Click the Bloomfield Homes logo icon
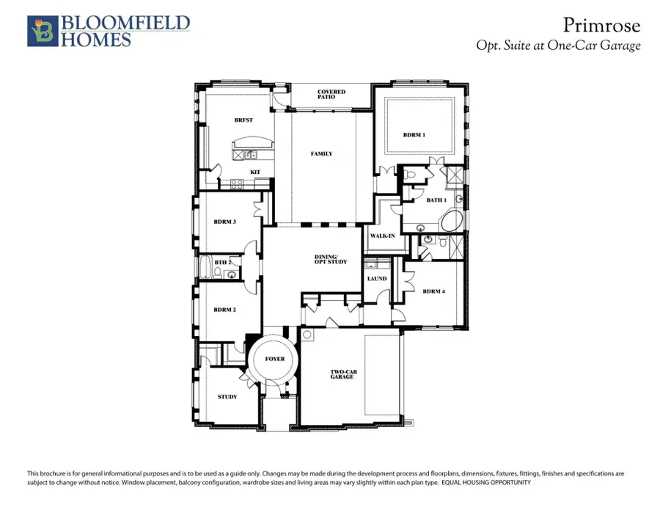point(41,32)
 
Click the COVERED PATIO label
point(331,95)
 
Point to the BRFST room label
point(243,120)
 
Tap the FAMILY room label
point(321,154)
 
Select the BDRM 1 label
point(414,135)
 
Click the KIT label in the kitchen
point(255,172)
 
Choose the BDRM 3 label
point(224,222)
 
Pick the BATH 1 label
point(436,200)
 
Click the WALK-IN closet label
point(383,236)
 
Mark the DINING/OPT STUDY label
point(331,259)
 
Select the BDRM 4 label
point(433,291)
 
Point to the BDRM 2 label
point(224,310)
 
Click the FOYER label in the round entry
point(275,359)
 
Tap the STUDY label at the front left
point(227,397)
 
